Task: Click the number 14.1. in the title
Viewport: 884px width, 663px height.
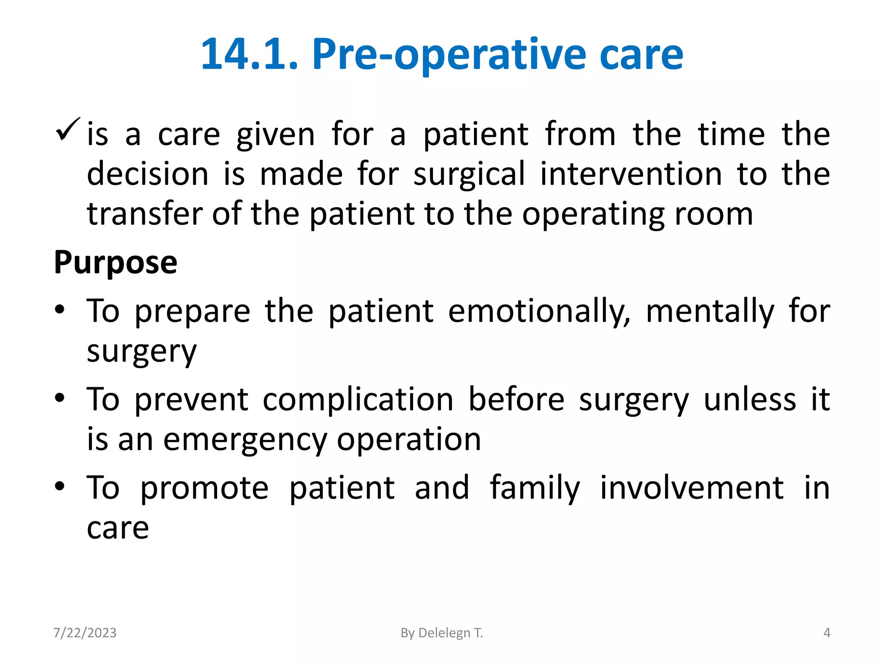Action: click(x=249, y=54)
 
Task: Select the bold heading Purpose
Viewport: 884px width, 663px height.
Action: click(x=115, y=262)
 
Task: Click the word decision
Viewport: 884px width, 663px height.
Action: click(x=148, y=174)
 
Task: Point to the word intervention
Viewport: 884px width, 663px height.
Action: click(x=631, y=174)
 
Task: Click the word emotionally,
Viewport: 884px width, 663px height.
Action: click(x=539, y=311)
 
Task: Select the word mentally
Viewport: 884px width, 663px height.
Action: click(x=710, y=311)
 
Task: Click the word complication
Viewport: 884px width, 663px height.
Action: click(x=358, y=399)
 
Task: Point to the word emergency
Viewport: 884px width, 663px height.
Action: click(x=245, y=439)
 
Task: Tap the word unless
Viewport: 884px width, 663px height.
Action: click(x=750, y=399)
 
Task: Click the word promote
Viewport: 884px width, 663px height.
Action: click(x=204, y=488)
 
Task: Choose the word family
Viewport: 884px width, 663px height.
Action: click(x=535, y=488)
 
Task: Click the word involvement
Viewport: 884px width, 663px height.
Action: click(x=691, y=488)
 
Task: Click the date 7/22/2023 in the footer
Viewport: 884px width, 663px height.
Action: click(x=85, y=633)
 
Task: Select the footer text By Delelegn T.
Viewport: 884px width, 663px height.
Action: click(x=442, y=633)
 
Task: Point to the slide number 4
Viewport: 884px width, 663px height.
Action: click(x=827, y=633)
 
